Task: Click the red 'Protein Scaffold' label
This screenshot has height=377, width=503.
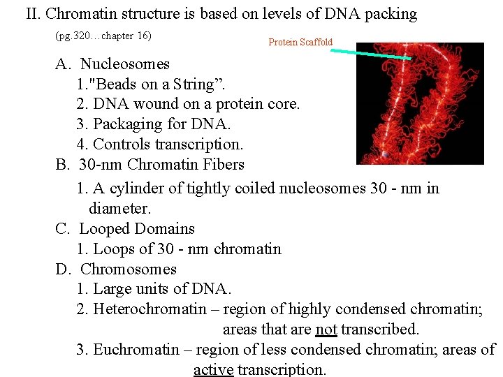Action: click(x=300, y=43)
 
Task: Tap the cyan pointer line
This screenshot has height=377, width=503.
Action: click(x=370, y=52)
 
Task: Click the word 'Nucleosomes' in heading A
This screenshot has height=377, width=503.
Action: click(x=125, y=64)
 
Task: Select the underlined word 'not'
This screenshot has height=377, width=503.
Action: click(x=326, y=329)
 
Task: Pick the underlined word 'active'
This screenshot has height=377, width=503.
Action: click(x=213, y=369)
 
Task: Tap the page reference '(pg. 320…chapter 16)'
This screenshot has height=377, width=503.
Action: click(x=103, y=35)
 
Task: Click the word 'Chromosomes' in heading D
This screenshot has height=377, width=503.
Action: click(x=129, y=269)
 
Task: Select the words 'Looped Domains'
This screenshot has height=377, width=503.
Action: click(x=137, y=229)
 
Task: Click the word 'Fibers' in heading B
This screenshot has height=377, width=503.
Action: click(x=222, y=165)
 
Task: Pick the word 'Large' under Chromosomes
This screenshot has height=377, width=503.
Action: click(x=112, y=289)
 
